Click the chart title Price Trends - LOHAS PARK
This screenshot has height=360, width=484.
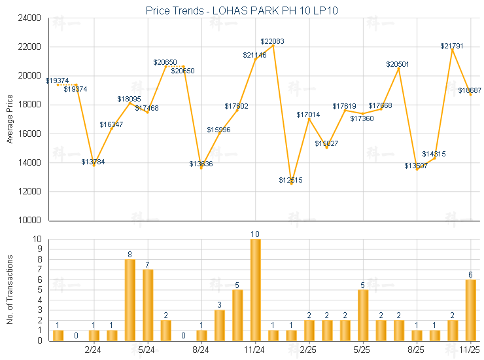pos(241,10)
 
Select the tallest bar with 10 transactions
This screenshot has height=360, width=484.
pos(255,289)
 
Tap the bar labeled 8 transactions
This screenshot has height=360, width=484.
pos(130,300)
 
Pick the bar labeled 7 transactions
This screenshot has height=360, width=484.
pos(148,304)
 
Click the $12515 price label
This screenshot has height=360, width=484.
pos(291,180)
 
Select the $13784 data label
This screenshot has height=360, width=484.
pos(94,161)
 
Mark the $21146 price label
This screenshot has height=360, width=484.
pos(255,55)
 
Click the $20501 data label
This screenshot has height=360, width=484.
pos(398,64)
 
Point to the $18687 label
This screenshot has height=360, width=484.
pos(470,91)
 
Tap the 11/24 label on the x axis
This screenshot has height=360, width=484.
pos(255,350)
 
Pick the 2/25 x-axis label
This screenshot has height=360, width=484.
pos(309,350)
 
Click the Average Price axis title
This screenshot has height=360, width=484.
pos(10,119)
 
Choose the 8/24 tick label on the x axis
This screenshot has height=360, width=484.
pos(201,350)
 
